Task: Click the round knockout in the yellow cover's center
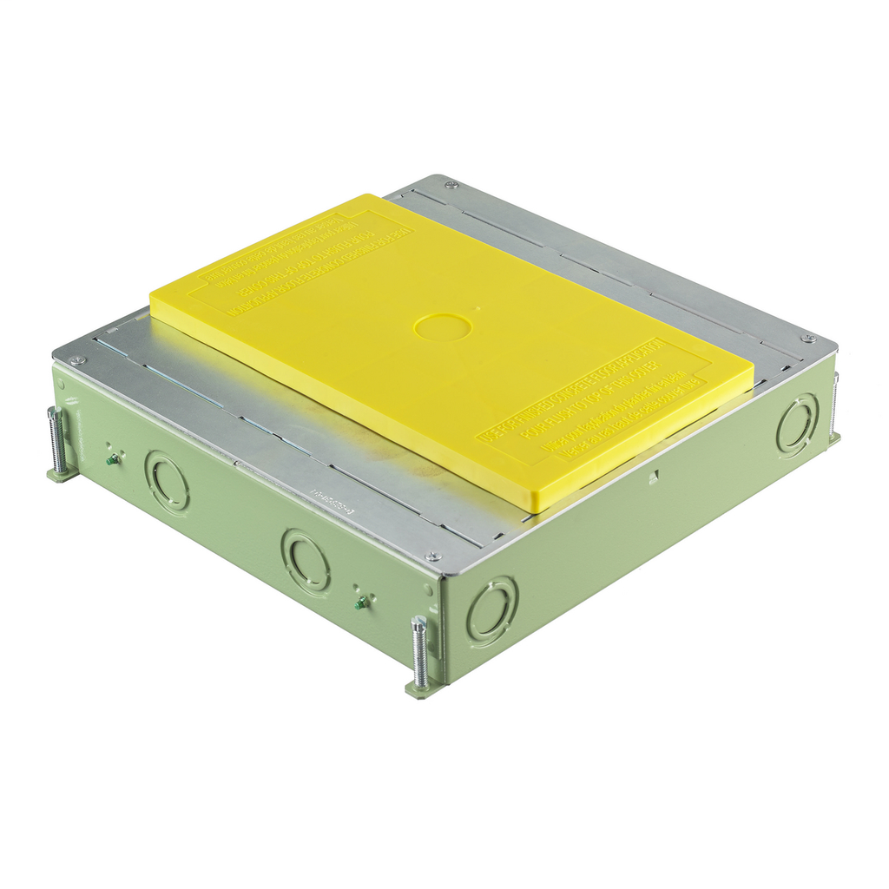443,327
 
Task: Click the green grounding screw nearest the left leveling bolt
112,459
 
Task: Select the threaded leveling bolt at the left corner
57,439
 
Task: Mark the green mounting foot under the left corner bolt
61,474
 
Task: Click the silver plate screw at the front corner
431,556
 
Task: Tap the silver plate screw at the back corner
451,184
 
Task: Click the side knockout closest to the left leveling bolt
167,481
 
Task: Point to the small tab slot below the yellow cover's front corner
656,474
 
